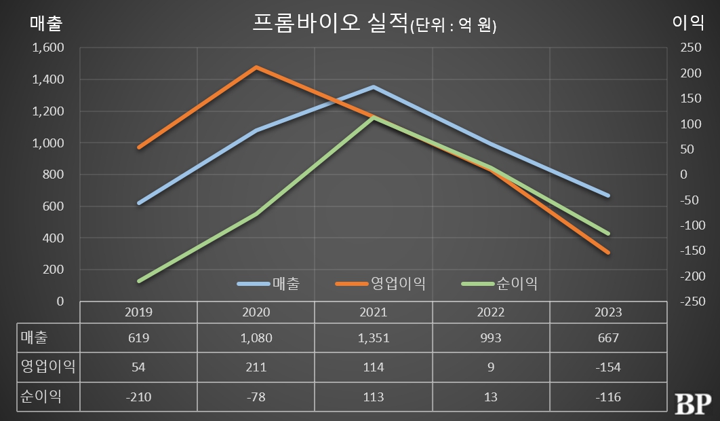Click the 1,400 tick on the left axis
[47, 79]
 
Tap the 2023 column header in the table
[607, 312]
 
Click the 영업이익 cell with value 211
[256, 367]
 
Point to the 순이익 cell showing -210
[138, 397]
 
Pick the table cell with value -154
[607, 367]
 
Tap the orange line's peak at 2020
[256, 67]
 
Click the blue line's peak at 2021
[373, 87]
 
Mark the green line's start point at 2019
[139, 280]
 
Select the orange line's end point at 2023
[607, 253]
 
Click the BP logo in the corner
[692, 403]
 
